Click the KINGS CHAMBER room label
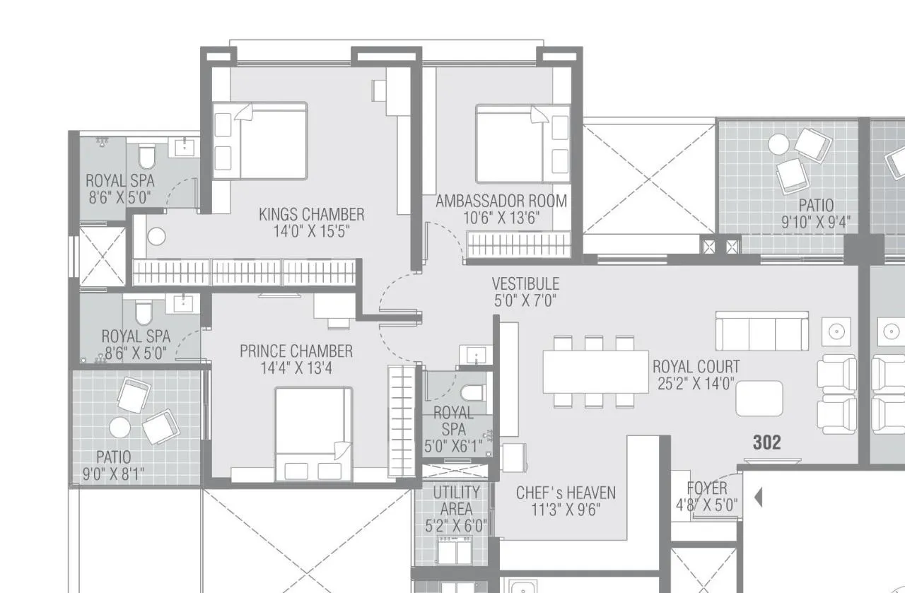tap(311, 214)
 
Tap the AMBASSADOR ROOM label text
tap(501, 201)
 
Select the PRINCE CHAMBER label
tap(296, 351)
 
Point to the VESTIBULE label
tap(525, 284)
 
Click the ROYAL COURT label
tap(696, 367)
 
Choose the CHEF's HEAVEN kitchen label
tap(565, 493)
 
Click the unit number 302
tap(766, 442)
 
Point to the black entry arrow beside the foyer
tap(758, 498)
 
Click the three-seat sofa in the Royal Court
tap(761, 331)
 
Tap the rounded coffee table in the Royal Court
tap(759, 399)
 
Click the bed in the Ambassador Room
tap(522, 143)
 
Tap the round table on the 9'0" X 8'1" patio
tap(119, 428)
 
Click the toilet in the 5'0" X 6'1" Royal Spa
tap(472, 392)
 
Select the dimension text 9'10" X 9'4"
tap(815, 223)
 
